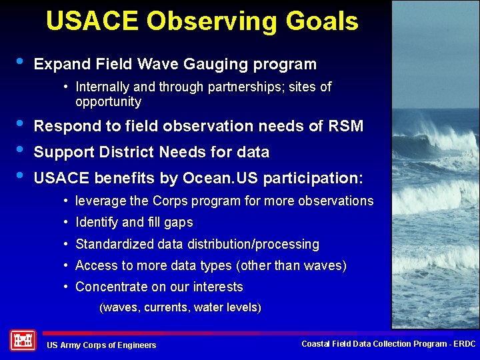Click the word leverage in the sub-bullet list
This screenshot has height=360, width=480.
click(101, 201)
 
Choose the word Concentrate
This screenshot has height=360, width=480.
click(111, 287)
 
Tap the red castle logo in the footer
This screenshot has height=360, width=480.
click(23, 340)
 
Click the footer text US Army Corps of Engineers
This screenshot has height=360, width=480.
click(101, 345)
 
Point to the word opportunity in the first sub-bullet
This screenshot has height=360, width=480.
click(108, 102)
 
